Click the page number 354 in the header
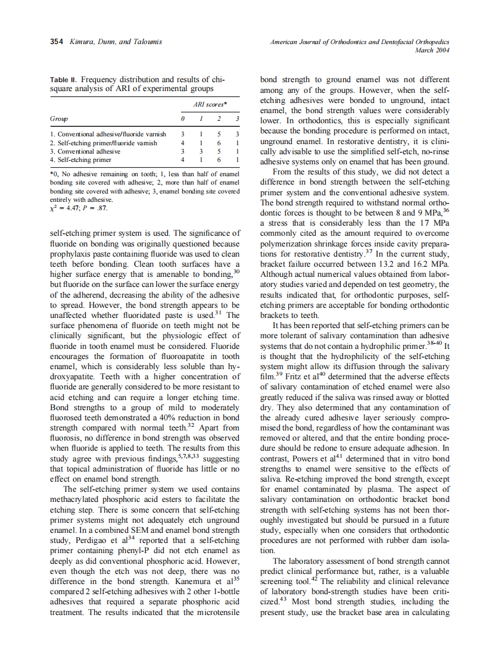pyautogui.click(x=57, y=42)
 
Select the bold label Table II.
pyautogui.click(x=63, y=80)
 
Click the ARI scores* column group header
pyautogui.click(x=210, y=105)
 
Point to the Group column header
pyautogui.click(x=58, y=119)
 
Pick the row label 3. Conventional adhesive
pyautogui.click(x=85, y=151)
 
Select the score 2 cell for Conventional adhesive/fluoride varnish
pyautogui.click(x=220, y=135)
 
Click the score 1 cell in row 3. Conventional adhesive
pyautogui.click(x=202, y=151)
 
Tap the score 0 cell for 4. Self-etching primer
pyautogui.click(x=183, y=160)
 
